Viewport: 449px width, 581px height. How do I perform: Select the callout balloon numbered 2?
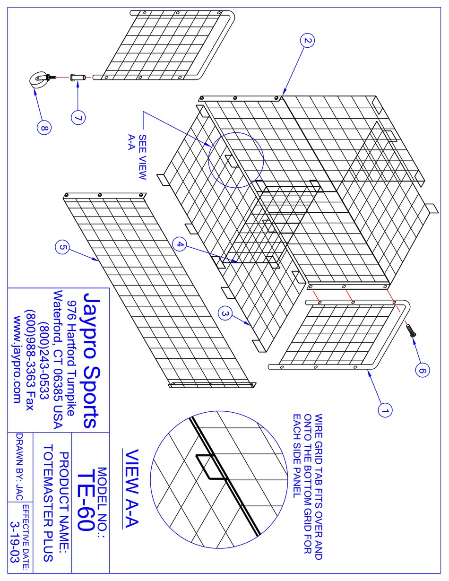click(x=307, y=41)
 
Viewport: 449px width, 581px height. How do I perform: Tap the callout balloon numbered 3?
click(x=225, y=313)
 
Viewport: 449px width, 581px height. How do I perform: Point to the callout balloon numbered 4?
click(x=180, y=244)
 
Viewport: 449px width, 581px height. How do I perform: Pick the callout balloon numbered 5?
click(x=62, y=247)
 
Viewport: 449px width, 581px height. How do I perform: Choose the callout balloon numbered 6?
click(x=422, y=370)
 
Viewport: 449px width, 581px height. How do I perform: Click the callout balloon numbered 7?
click(x=78, y=118)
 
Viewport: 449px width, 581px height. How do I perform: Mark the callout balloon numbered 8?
click(x=44, y=128)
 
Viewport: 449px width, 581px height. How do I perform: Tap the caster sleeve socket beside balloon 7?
click(x=78, y=77)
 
